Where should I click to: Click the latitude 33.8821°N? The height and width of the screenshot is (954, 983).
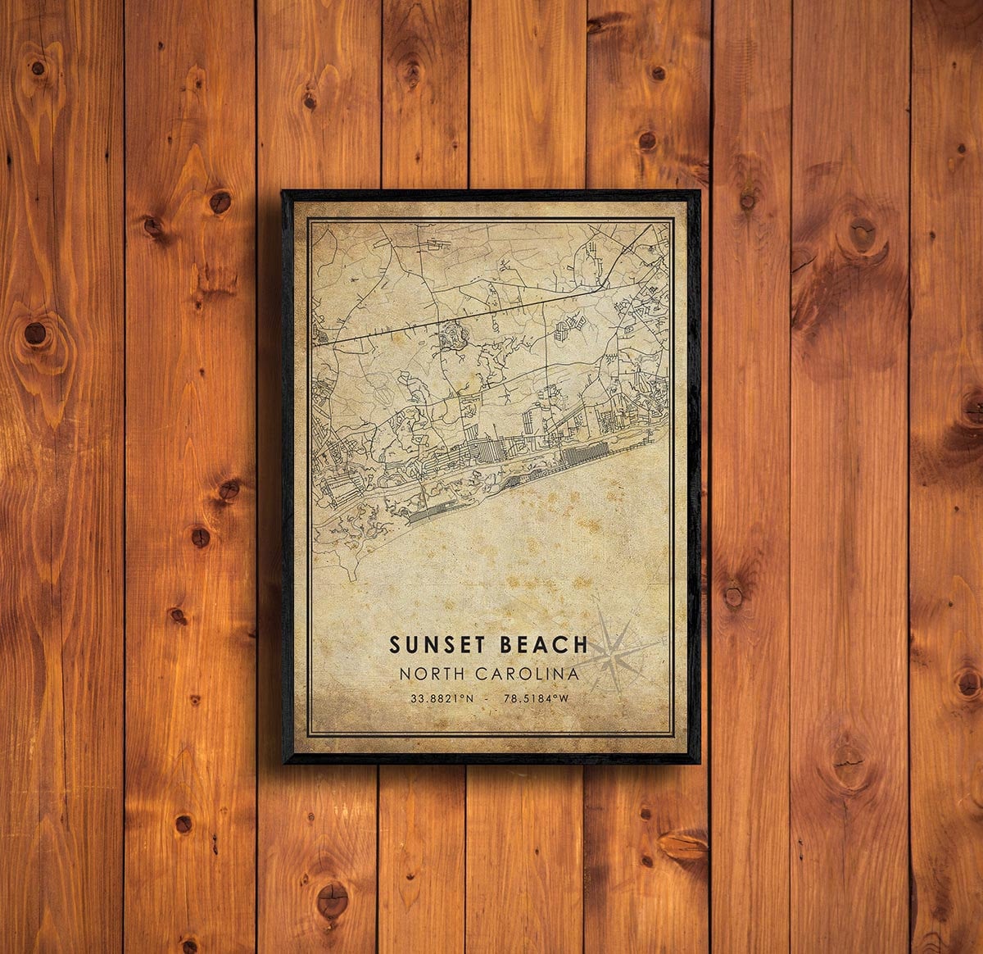[x=442, y=698]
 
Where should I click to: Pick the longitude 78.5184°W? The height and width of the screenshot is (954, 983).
[x=537, y=698]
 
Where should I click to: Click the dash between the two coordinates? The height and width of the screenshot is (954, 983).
[x=490, y=698]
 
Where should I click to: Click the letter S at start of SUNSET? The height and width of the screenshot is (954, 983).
[x=395, y=644]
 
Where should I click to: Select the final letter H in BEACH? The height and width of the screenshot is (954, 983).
[x=581, y=644]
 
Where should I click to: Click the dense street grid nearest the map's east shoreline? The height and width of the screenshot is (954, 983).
[x=587, y=452]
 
